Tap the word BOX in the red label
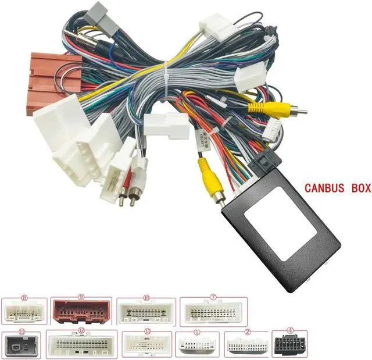click(x=355, y=188)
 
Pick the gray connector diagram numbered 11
click(x=22, y=345)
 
